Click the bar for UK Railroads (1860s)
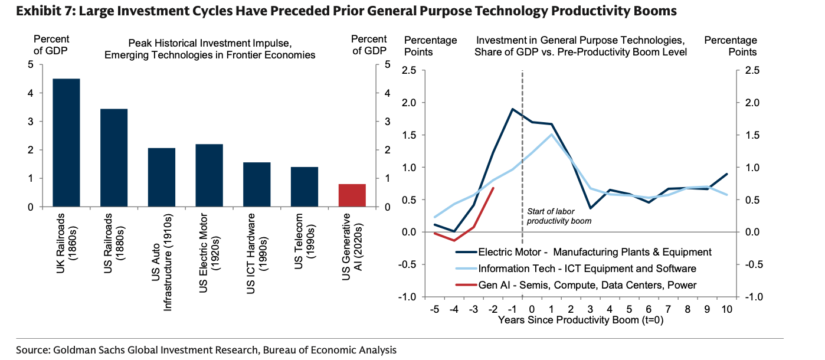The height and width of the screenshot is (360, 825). coord(66,143)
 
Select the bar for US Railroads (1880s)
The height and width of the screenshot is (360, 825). coord(114,158)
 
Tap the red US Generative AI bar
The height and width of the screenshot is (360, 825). coord(352,195)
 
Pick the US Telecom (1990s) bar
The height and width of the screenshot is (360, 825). coord(305,186)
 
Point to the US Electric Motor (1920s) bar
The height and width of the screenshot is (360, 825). coord(209,175)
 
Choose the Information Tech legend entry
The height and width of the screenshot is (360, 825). coord(584,269)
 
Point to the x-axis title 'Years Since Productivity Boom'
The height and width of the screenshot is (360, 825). coord(581,320)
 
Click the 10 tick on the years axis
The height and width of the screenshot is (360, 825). coord(726,309)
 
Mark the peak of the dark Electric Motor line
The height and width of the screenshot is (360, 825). coord(512,109)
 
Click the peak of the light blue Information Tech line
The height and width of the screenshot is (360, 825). coord(551,135)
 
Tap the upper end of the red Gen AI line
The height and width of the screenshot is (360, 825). coord(493,188)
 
